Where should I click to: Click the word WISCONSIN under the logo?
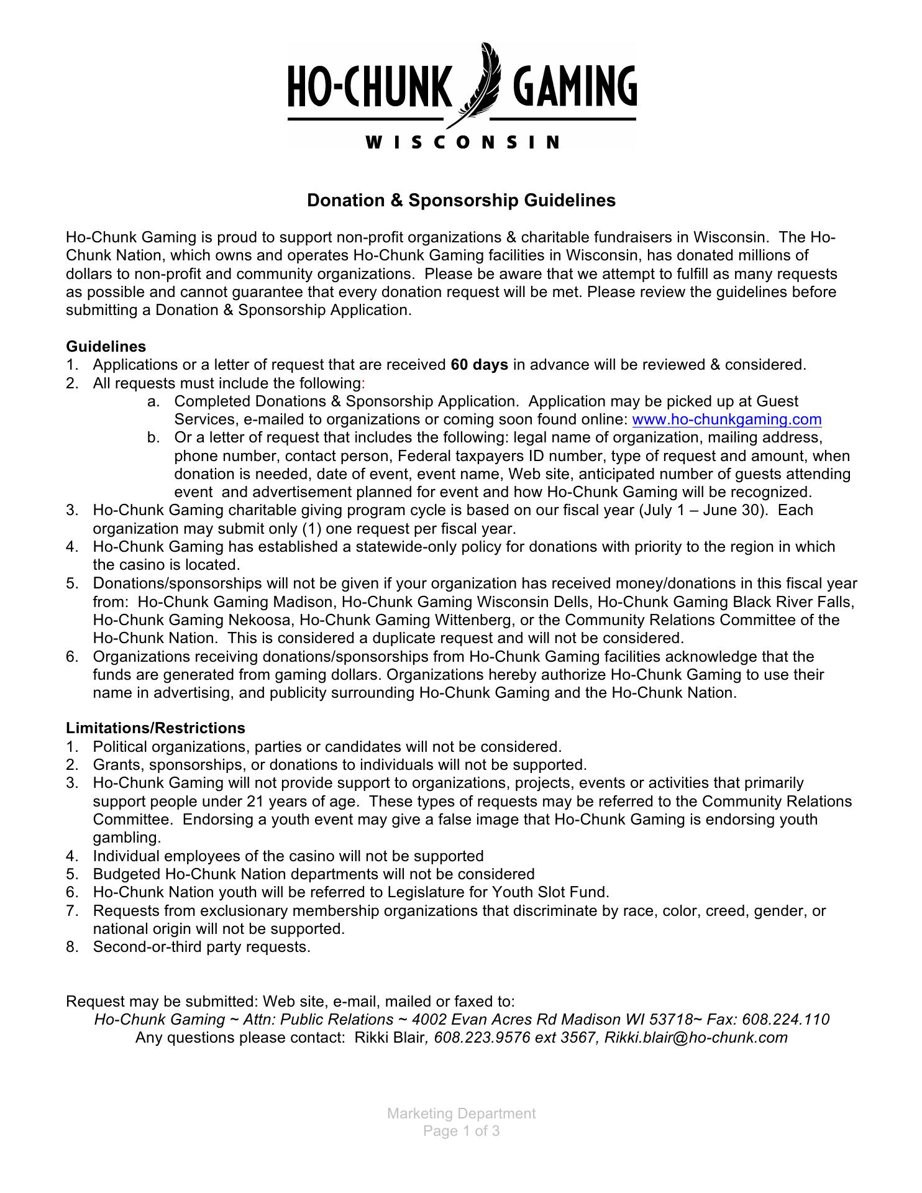(462, 142)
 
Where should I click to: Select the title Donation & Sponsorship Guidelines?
(462, 200)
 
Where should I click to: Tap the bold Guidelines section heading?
(106, 346)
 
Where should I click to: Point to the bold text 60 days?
(480, 365)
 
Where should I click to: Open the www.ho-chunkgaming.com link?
(726, 419)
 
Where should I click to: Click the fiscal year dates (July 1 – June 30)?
(705, 510)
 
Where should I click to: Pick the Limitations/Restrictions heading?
(156, 728)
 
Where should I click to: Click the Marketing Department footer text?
(461, 1113)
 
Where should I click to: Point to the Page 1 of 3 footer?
(461, 1131)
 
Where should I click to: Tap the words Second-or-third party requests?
(201, 947)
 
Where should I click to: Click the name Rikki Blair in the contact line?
(389, 1038)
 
